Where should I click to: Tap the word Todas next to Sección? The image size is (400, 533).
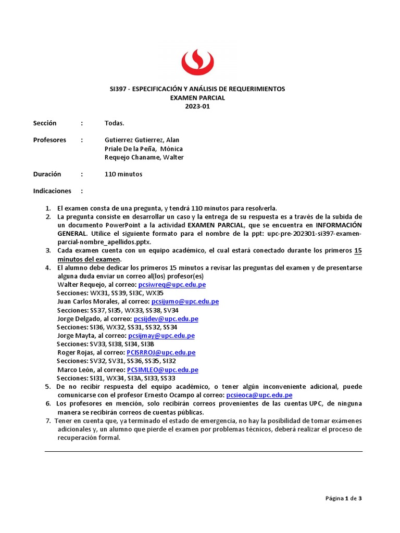(114, 123)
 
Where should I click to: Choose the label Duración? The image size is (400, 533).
(47, 174)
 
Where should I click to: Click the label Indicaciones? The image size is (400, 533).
(52, 191)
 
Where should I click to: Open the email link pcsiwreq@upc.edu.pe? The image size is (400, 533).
(171, 285)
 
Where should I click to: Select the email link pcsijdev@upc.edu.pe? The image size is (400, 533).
(166, 319)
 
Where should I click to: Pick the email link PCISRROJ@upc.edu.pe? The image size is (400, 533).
(161, 352)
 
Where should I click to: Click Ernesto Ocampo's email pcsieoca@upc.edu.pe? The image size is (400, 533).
(259, 395)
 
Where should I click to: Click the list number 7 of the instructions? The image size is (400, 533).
(47, 421)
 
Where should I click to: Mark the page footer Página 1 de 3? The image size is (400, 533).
(343, 498)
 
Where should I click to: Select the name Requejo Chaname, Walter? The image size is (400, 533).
(144, 158)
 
